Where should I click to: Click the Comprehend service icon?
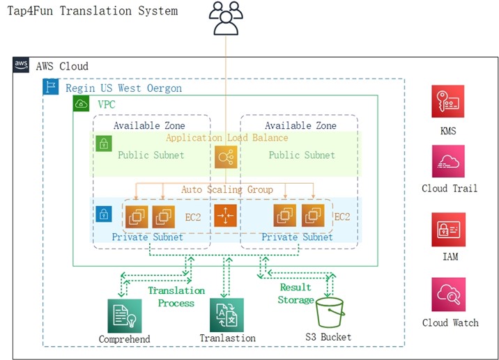tap(124, 315)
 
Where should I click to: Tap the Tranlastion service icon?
tap(227, 315)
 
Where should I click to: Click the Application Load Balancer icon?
tap(226, 158)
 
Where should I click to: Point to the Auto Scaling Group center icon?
tap(226, 216)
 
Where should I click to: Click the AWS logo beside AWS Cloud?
tap(22, 65)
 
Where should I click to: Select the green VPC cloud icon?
tap(82, 104)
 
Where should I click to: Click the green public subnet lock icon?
tap(103, 145)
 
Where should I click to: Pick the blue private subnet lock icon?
tap(103, 213)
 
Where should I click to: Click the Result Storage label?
tap(296, 293)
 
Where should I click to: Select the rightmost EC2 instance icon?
tap(313, 216)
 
